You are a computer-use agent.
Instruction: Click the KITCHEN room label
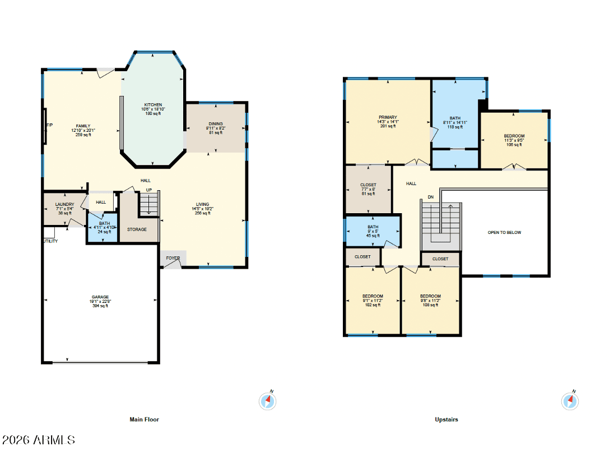(153, 105)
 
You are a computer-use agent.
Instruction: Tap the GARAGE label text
(100, 297)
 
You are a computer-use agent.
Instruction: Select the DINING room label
(215, 123)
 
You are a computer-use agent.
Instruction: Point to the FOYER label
(173, 258)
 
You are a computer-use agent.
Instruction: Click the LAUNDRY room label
(64, 204)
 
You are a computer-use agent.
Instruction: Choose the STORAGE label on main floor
(137, 229)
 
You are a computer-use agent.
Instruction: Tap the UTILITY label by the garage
(50, 241)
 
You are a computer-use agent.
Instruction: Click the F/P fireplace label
(49, 125)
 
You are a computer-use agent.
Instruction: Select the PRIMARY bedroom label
(387, 117)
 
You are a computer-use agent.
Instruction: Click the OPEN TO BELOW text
(504, 232)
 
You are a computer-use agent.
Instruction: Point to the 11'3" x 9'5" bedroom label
(514, 136)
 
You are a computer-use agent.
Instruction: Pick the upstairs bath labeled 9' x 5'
(373, 227)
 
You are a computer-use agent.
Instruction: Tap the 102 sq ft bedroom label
(373, 296)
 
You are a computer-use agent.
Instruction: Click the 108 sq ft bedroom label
(430, 296)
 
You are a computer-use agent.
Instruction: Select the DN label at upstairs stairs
(430, 197)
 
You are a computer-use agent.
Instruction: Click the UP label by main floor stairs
(149, 190)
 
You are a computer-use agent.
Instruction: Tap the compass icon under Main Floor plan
(268, 401)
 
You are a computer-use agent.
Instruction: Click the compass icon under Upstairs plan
(570, 401)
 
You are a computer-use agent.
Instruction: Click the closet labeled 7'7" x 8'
(368, 185)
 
